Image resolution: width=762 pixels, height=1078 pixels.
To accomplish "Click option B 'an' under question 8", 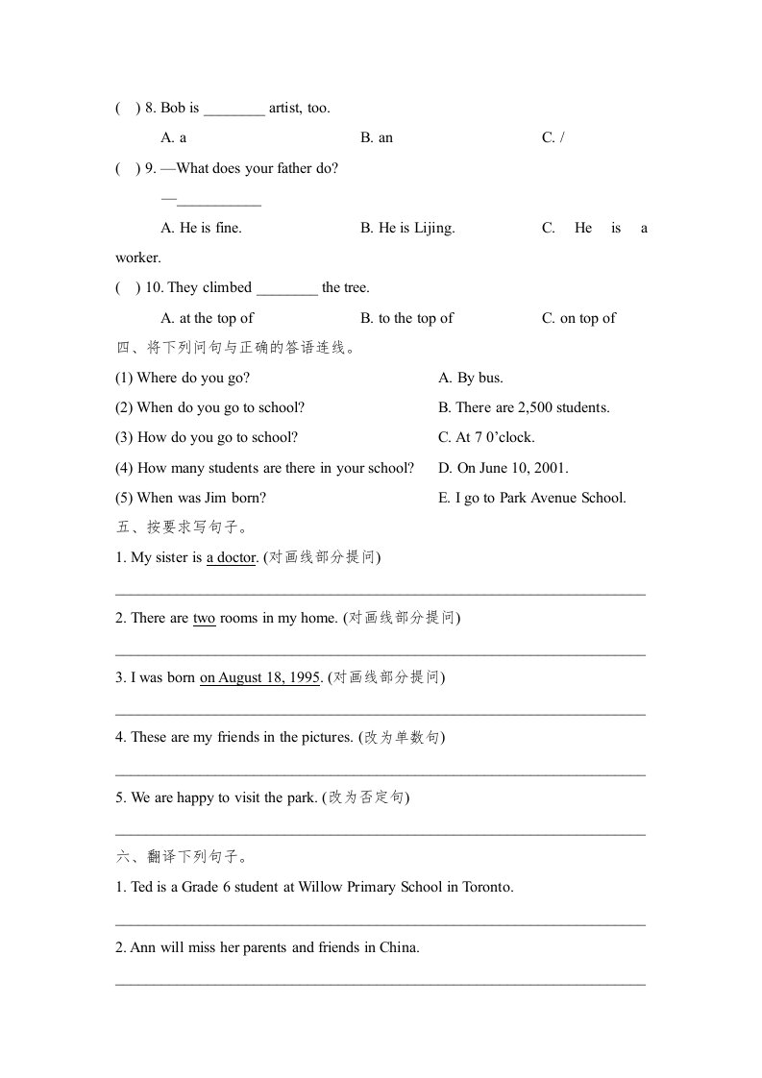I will [377, 138].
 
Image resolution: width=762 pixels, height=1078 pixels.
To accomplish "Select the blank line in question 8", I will [234, 109].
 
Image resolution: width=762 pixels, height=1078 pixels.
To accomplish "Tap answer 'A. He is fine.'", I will [202, 229].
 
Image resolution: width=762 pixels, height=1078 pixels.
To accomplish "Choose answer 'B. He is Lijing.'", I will [407, 229].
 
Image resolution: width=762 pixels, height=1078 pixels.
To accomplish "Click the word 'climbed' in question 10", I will [227, 288].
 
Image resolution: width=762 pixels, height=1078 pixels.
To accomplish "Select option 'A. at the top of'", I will [208, 319].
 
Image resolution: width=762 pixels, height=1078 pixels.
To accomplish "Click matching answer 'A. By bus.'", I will [471, 379].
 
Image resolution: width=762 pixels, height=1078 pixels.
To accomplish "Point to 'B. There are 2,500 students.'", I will [524, 408].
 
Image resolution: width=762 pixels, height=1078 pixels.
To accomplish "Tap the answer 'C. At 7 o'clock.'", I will [486, 438].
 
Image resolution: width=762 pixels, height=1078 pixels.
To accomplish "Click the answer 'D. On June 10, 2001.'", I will [504, 469].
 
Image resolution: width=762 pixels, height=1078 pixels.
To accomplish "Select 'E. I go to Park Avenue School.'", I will [532, 499].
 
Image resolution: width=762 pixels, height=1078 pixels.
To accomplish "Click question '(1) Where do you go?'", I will [183, 379].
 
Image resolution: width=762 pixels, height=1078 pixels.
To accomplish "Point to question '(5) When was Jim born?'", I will [190, 499].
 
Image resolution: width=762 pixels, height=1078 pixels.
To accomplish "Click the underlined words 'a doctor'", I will [231, 558].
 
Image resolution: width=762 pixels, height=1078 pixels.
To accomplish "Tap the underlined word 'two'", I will [204, 619].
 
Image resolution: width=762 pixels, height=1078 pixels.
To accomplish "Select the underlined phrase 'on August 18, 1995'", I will [259, 678].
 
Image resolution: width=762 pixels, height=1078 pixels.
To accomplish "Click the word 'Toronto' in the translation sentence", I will [487, 888].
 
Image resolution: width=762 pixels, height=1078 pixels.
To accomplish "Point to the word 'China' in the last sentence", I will [398, 948].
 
